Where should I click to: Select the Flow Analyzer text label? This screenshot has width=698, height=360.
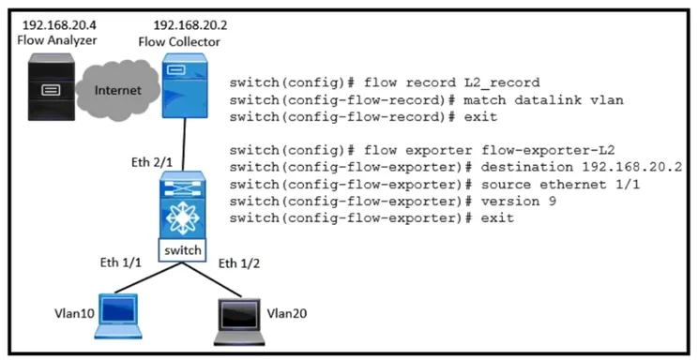tap(57, 40)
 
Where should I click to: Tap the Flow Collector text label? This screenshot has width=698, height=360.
tap(179, 42)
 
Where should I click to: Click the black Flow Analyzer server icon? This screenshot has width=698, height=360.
tap(52, 87)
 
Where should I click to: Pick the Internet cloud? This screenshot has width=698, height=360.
tap(117, 90)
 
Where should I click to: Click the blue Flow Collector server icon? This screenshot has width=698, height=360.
tap(184, 85)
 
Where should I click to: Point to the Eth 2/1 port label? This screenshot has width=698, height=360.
tap(152, 162)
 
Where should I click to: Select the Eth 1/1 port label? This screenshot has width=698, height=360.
tap(121, 262)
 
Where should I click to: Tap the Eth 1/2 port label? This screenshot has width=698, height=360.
tap(239, 263)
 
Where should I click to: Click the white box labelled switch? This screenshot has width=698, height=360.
tap(183, 250)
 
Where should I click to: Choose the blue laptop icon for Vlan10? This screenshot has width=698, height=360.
tap(118, 316)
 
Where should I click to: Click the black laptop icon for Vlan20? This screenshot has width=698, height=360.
tap(239, 322)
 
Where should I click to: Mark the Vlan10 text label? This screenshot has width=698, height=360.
tap(74, 314)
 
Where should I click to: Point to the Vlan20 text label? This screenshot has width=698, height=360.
tap(287, 314)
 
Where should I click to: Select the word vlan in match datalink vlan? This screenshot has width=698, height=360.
tap(606, 99)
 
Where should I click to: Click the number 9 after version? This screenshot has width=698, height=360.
tap(552, 202)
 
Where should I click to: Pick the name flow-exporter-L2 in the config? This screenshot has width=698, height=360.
tap(548, 150)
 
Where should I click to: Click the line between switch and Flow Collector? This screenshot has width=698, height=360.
tap(183, 144)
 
